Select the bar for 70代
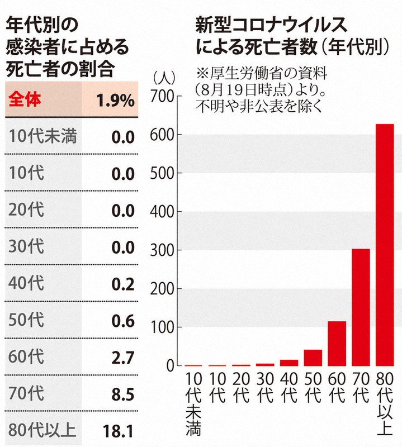(361, 307)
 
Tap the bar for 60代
(337, 343)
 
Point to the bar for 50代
(313, 358)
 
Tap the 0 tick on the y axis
(170, 366)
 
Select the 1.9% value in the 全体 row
(115, 101)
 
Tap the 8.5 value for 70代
(122, 394)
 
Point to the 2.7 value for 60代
(122, 358)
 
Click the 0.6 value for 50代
(122, 321)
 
